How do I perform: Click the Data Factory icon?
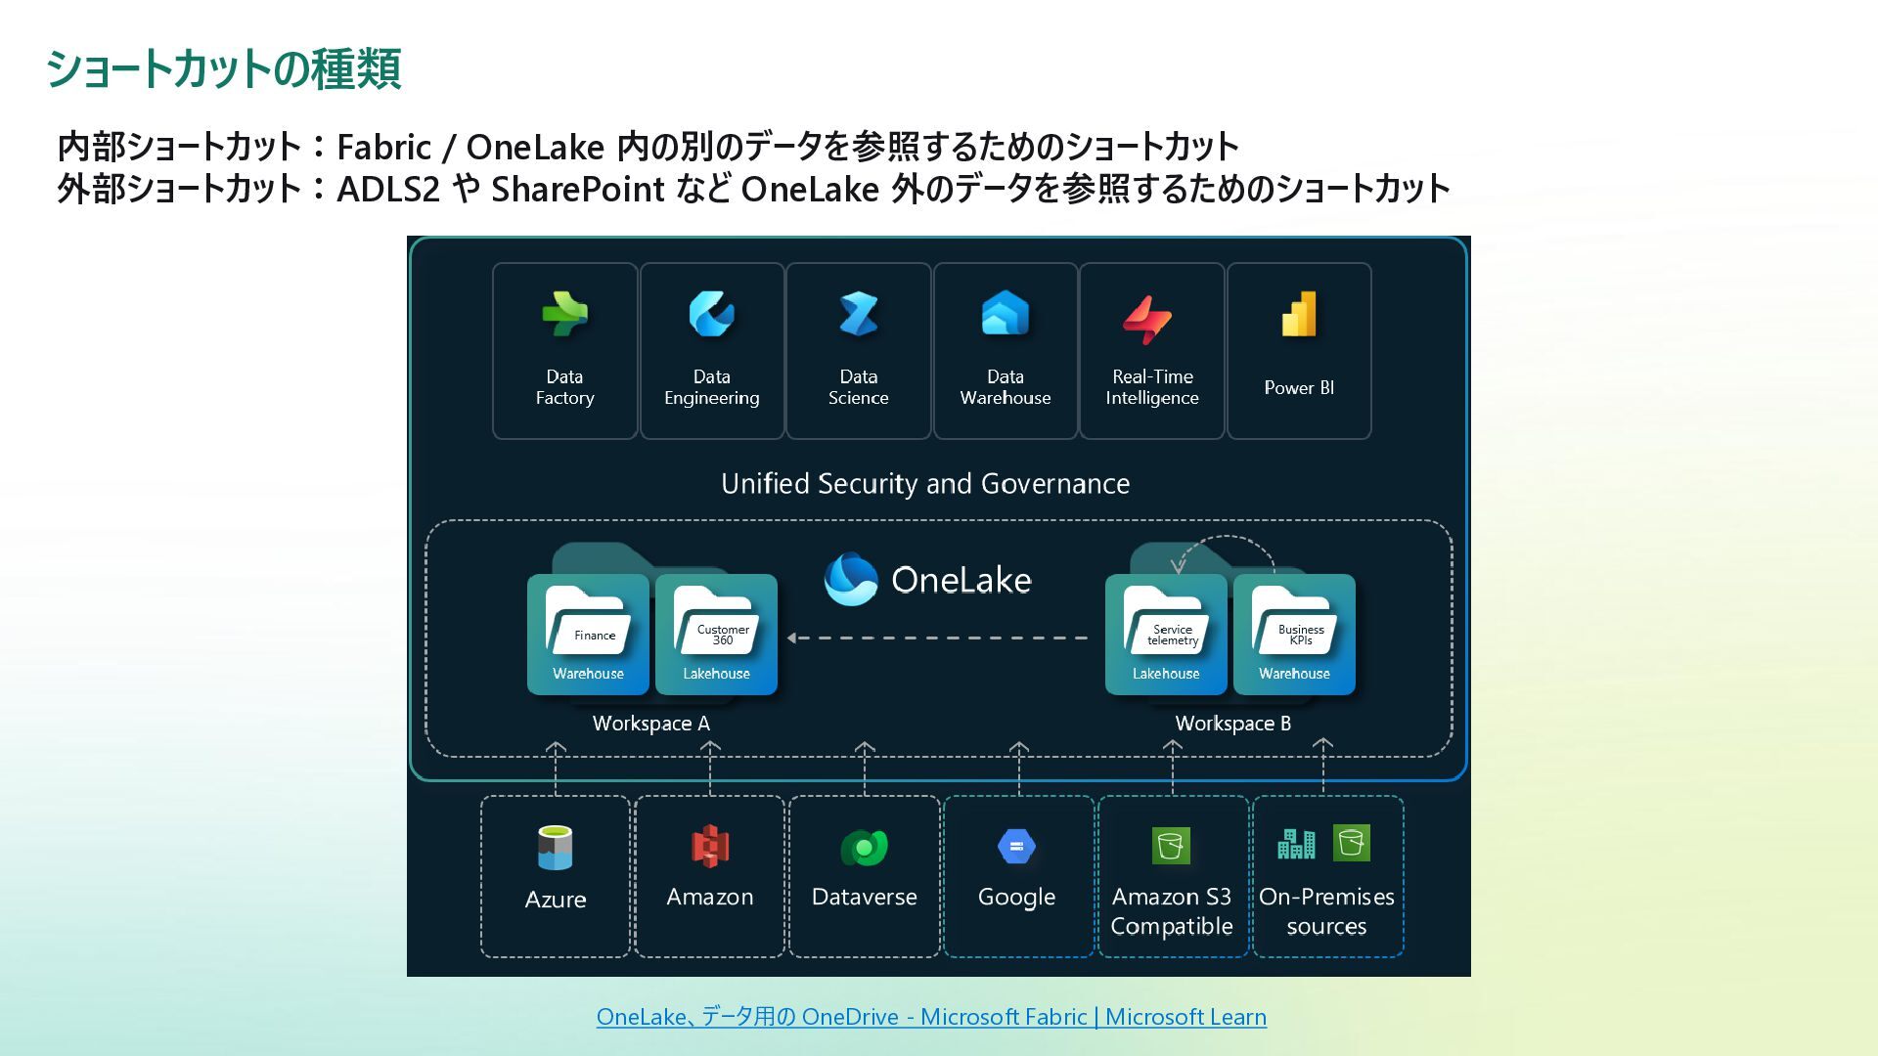click(x=564, y=314)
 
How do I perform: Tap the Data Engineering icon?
click(x=711, y=314)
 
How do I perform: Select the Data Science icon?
click(x=859, y=314)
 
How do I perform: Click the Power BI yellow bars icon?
click(x=1299, y=314)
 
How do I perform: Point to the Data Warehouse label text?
click(x=1006, y=387)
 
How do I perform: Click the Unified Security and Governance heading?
click(x=925, y=483)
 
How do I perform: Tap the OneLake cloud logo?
click(x=851, y=579)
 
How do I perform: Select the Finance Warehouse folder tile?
click(x=588, y=635)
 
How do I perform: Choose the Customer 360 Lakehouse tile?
click(x=716, y=635)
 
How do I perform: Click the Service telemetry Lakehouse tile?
click(x=1166, y=635)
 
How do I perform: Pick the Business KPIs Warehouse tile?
click(x=1294, y=635)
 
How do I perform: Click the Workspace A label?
click(x=650, y=724)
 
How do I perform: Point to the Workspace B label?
click(x=1232, y=724)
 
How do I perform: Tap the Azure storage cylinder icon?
click(x=555, y=848)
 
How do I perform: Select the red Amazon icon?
click(x=710, y=846)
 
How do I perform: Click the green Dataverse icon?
click(x=864, y=847)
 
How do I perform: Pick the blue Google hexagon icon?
click(x=1016, y=846)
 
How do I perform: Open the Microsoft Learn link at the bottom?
click(x=931, y=1017)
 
